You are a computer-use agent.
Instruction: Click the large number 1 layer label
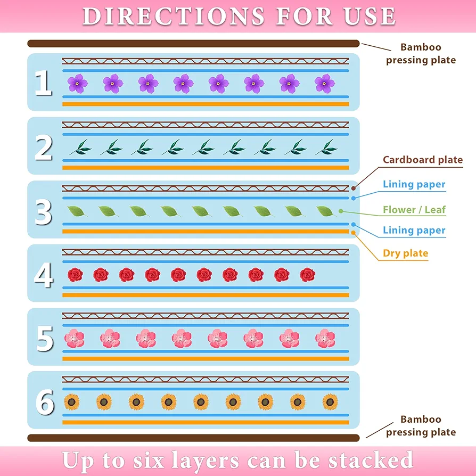pyautogui.click(x=43, y=83)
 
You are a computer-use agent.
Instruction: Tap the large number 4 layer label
pyautogui.click(x=44, y=275)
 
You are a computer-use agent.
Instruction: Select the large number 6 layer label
pyautogui.click(x=45, y=402)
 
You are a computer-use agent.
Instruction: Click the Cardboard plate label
pyautogui.click(x=423, y=160)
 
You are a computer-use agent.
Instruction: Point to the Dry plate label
pyautogui.click(x=405, y=253)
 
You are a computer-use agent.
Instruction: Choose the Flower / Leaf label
pyautogui.click(x=414, y=209)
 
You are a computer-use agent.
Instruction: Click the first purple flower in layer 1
pyautogui.click(x=77, y=83)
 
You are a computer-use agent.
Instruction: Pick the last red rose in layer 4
pyautogui.click(x=308, y=275)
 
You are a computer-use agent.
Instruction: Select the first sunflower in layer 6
pyautogui.click(x=72, y=402)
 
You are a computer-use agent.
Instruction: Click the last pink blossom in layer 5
pyautogui.click(x=325, y=339)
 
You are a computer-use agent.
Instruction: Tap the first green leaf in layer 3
pyautogui.click(x=77, y=211)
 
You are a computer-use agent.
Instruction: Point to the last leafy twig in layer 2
pyautogui.click(x=326, y=147)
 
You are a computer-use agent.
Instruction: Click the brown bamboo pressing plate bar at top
pyautogui.click(x=193, y=44)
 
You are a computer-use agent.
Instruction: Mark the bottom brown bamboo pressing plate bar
pyautogui.click(x=193, y=438)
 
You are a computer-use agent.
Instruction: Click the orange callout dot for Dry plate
pyautogui.click(x=353, y=233)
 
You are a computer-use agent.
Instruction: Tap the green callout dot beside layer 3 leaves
pyautogui.click(x=341, y=211)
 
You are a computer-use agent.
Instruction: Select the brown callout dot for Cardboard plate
pyautogui.click(x=354, y=188)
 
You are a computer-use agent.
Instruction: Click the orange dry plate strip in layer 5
pyautogui.click(x=206, y=359)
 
